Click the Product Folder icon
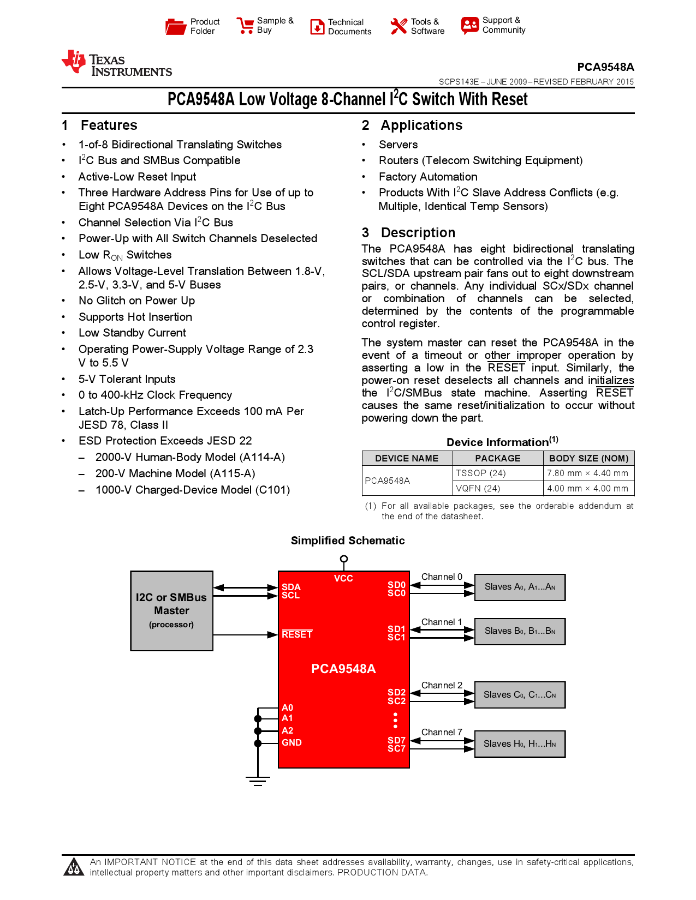pyautogui.click(x=176, y=26)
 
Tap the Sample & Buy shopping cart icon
pyautogui.click(x=245, y=26)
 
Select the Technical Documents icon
pyautogui.click(x=317, y=27)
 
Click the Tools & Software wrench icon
pyautogui.click(x=399, y=26)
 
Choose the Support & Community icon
pyautogui.click(x=469, y=25)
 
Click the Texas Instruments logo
pyautogui.click(x=117, y=63)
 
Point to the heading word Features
pyautogui.click(x=109, y=125)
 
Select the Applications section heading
pyautogui.click(x=421, y=125)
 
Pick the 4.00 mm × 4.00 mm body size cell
pyautogui.click(x=587, y=489)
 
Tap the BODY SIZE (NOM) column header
pyautogui.click(x=588, y=459)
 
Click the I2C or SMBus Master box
pyautogui.click(x=171, y=611)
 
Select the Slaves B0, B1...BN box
pyautogui.click(x=520, y=631)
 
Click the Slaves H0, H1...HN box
pyautogui.click(x=520, y=744)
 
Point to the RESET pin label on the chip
pyautogui.click(x=297, y=634)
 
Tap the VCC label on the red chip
pyautogui.click(x=343, y=579)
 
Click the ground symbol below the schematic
pyautogui.click(x=258, y=781)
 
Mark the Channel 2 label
pyautogui.click(x=442, y=686)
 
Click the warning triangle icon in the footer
pyautogui.click(x=74, y=867)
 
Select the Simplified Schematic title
pyautogui.click(x=348, y=541)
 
